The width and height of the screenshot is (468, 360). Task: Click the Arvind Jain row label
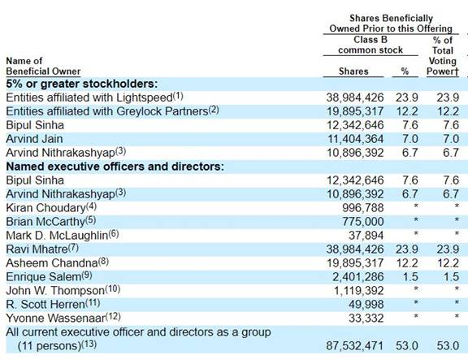pos(34,139)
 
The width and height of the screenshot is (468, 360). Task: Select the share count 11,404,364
pos(356,139)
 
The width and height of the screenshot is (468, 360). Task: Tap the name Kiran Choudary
pos(46,208)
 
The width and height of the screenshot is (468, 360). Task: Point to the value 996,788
pos(363,208)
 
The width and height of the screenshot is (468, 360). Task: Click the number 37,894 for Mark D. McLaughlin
pos(366,236)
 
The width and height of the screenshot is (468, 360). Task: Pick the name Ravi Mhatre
pos(37,249)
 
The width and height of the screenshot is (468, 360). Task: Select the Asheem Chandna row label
pos(52,263)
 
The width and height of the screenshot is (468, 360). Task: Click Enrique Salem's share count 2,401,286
pos(358,277)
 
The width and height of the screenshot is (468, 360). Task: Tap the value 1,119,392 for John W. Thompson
pos(359,291)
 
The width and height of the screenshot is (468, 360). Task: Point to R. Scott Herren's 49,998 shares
pos(366,305)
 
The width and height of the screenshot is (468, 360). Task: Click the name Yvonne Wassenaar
pos(56,319)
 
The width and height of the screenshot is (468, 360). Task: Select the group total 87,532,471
pos(354,346)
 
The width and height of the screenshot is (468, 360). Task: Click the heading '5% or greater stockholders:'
pos(82,84)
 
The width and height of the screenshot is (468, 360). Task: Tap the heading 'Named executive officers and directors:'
pos(115,167)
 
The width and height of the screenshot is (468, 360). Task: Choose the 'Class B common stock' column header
pos(370,45)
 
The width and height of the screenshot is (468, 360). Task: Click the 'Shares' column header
pos(353,72)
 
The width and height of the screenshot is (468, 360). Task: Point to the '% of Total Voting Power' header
pos(443,56)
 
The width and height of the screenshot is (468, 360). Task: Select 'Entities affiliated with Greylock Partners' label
pos(107,111)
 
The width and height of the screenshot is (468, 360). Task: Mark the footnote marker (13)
pos(89,345)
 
